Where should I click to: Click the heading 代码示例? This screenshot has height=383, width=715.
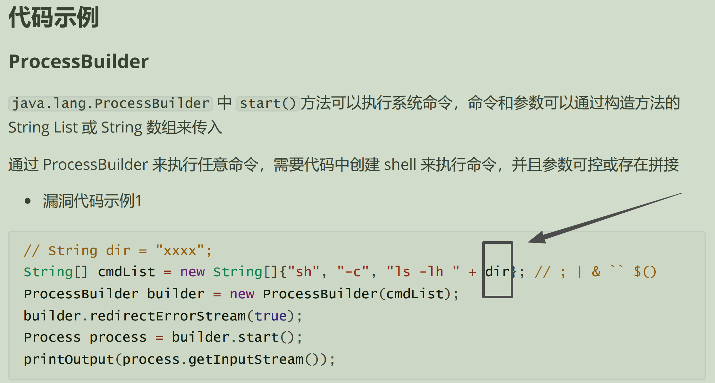point(54,18)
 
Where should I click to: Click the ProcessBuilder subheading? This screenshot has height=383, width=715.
point(79,61)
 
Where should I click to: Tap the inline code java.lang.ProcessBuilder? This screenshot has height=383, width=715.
point(110,104)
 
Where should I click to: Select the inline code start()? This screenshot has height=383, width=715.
point(268,104)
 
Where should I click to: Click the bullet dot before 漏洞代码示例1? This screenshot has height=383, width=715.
point(28,201)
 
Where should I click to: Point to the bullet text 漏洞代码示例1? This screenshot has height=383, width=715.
point(92,201)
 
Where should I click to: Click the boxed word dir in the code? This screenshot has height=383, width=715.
point(497,272)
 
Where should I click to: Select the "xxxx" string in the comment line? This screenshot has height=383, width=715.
point(180,251)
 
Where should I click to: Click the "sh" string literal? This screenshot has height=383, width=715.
point(303,272)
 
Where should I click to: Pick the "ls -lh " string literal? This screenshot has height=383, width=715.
point(423,272)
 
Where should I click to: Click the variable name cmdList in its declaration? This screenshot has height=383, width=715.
point(126,272)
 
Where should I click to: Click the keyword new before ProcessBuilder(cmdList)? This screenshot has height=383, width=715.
point(242,294)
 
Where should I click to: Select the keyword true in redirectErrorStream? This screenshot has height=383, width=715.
point(270,316)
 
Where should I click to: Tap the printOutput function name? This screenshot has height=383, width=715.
point(69,359)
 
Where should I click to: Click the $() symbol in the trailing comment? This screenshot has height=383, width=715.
point(645,272)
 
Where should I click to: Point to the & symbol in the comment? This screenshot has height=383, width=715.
point(596,272)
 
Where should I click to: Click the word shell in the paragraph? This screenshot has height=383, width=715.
point(400,165)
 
